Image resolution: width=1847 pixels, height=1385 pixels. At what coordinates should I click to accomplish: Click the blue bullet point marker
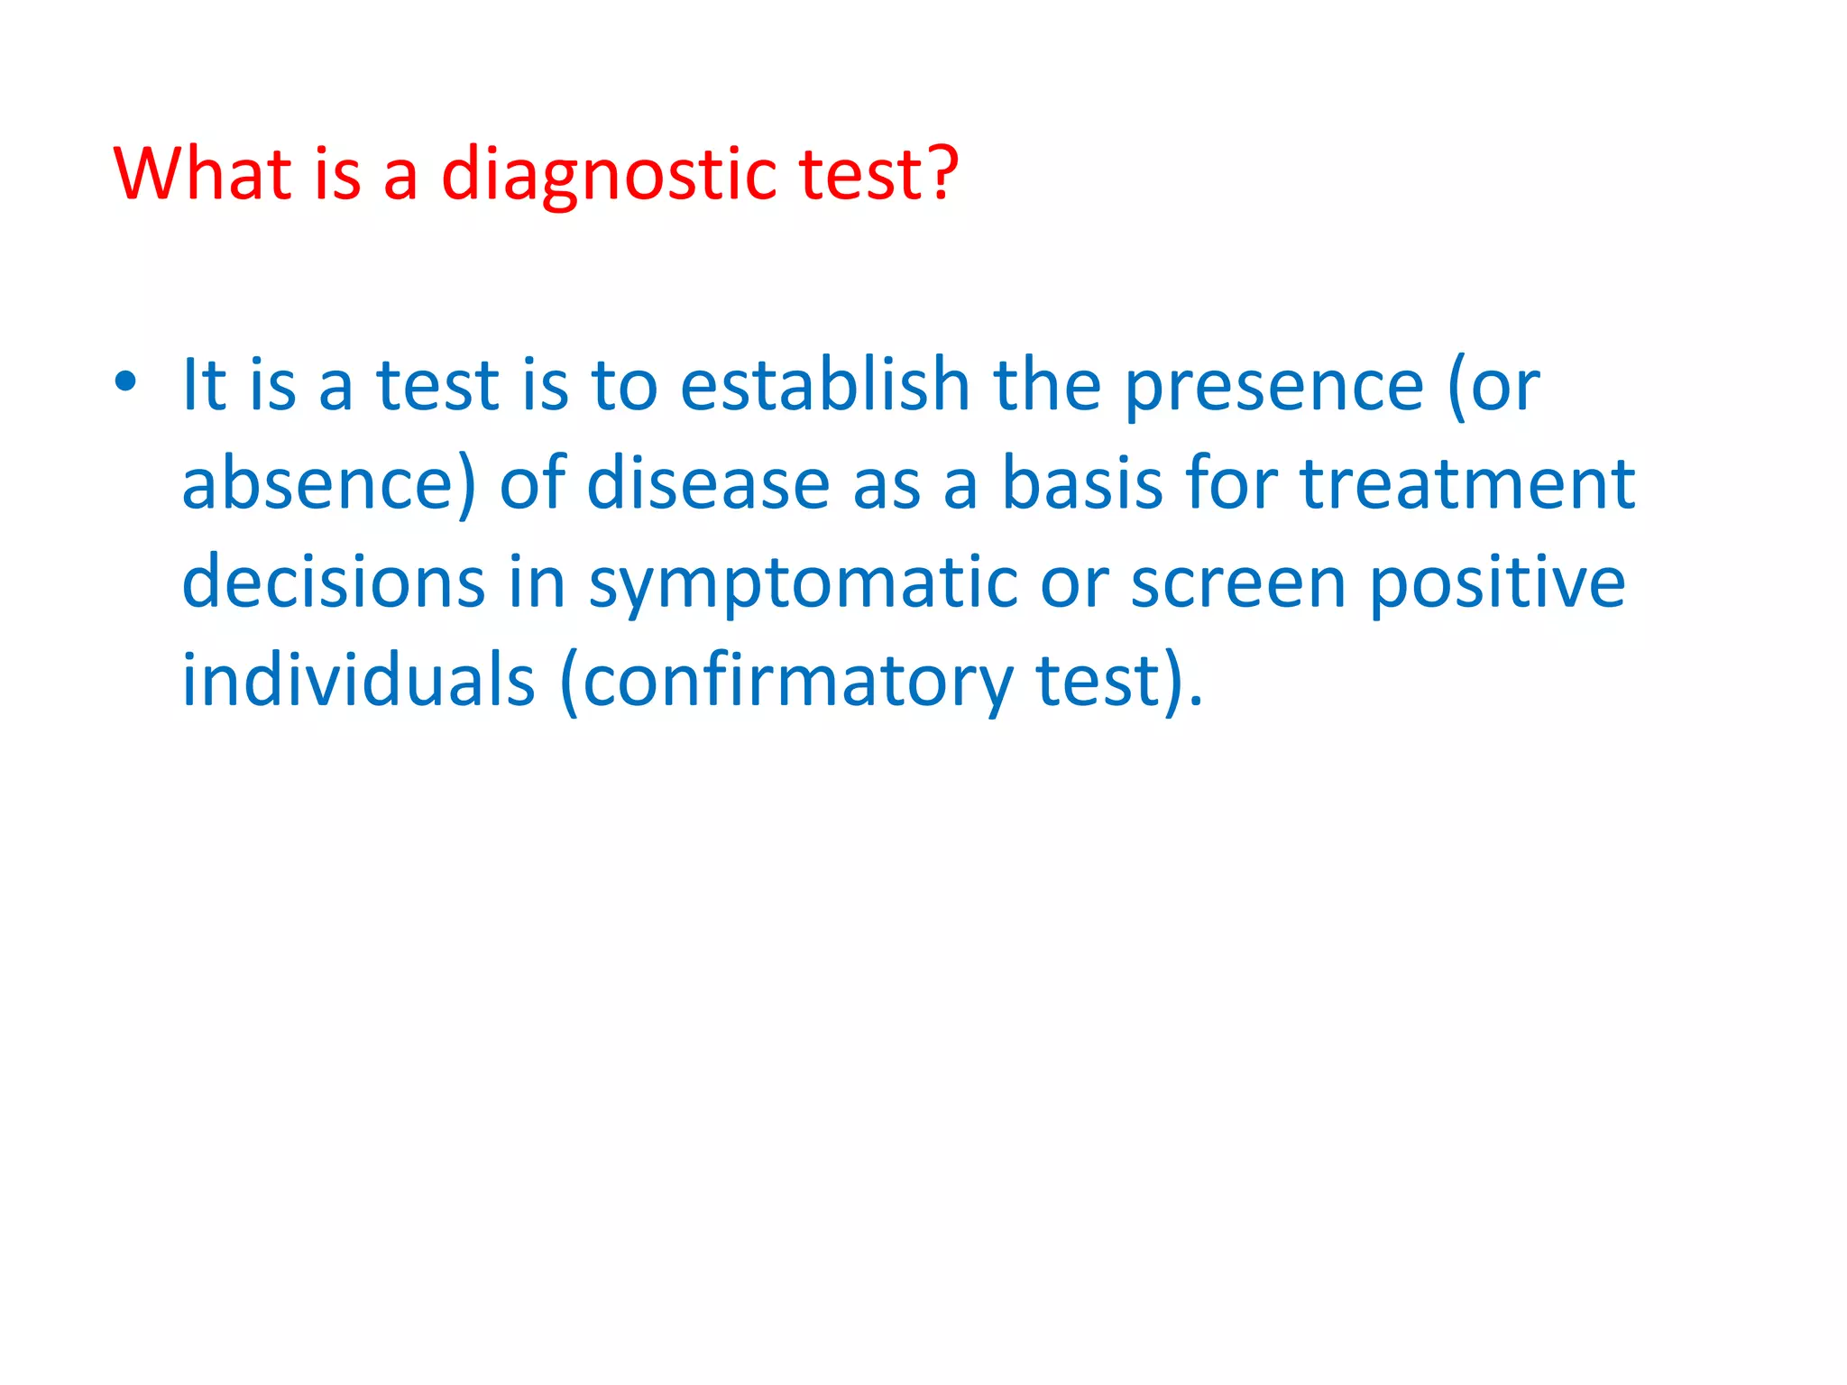(x=125, y=382)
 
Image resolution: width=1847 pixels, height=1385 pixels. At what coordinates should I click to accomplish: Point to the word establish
(x=824, y=385)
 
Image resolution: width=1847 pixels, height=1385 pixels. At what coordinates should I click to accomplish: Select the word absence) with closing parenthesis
(x=328, y=485)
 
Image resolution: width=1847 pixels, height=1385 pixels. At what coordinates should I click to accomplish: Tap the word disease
(x=708, y=483)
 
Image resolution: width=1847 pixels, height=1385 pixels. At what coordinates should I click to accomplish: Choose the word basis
(x=1082, y=483)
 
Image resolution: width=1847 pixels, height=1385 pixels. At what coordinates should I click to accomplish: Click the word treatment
(x=1467, y=483)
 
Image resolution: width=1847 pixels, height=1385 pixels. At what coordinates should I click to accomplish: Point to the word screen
(x=1239, y=583)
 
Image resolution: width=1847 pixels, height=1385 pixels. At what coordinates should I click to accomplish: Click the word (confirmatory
(x=786, y=683)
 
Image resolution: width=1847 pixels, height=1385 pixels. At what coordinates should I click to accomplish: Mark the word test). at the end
(x=1119, y=681)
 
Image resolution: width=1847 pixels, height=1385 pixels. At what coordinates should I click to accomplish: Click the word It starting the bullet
(x=204, y=385)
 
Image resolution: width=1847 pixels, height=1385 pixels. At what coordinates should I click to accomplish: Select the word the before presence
(x=1047, y=385)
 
